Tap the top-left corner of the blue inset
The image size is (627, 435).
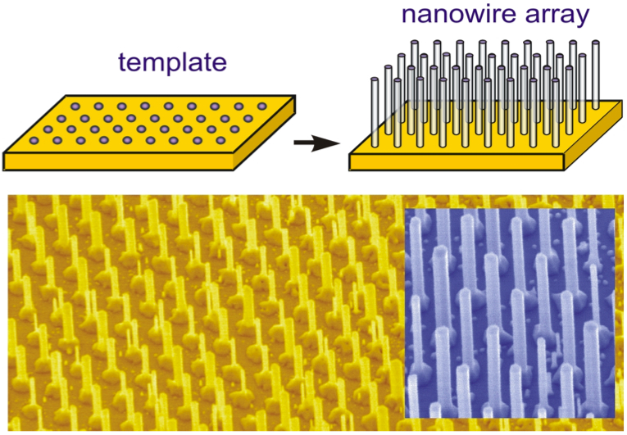pos(405,210)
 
